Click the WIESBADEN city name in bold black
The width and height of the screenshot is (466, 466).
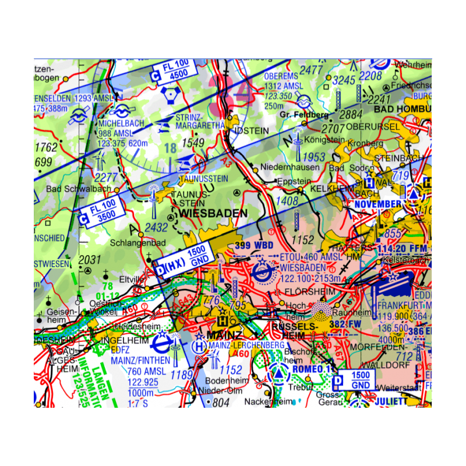pyautogui.click(x=214, y=213)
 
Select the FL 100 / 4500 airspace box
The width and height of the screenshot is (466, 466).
pyautogui.click(x=170, y=70)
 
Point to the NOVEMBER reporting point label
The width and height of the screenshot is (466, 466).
pyautogui.click(x=377, y=204)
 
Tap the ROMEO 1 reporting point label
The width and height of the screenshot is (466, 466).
pyautogui.click(x=313, y=369)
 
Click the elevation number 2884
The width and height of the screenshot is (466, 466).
pyautogui.click(x=350, y=114)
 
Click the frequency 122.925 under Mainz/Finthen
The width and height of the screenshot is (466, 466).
pyautogui.click(x=143, y=382)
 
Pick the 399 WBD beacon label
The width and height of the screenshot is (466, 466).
pyautogui.click(x=253, y=245)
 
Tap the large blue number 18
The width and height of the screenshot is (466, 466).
pyautogui.click(x=170, y=149)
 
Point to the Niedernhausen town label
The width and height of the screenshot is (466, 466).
pyautogui.click(x=283, y=168)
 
